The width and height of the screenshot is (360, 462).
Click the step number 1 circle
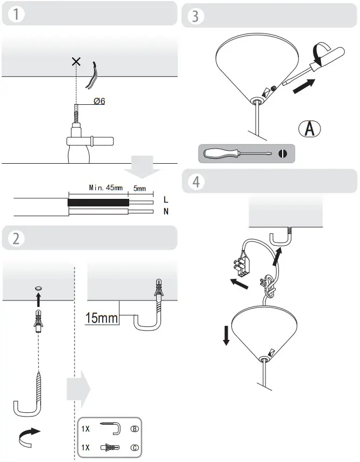[x=19, y=15]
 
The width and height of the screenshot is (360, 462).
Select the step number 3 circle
[x=195, y=17]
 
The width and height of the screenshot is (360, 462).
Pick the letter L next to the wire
[x=165, y=199]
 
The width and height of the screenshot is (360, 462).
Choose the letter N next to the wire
[x=165, y=211]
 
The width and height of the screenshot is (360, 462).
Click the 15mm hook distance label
[x=102, y=318]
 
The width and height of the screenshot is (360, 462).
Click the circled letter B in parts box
[x=135, y=430]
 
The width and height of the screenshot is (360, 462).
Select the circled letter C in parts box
[x=135, y=448]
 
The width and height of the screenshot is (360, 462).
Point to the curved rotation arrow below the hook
[x=30, y=436]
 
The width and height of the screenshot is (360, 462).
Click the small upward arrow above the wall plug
[x=38, y=299]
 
